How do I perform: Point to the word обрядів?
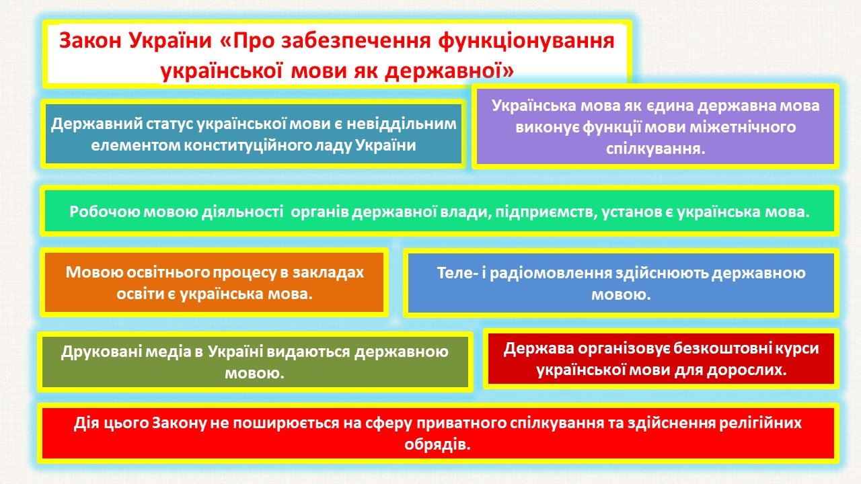437,445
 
